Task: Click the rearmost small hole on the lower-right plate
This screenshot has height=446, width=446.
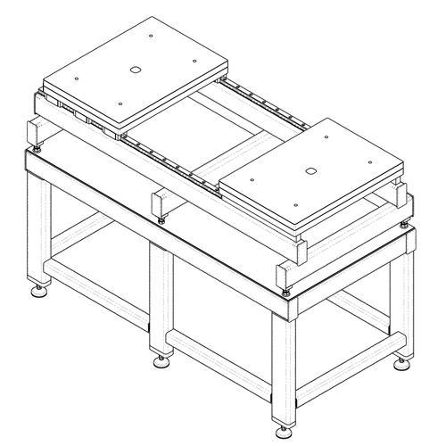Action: [326, 136]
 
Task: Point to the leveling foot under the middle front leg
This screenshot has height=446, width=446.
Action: [162, 359]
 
